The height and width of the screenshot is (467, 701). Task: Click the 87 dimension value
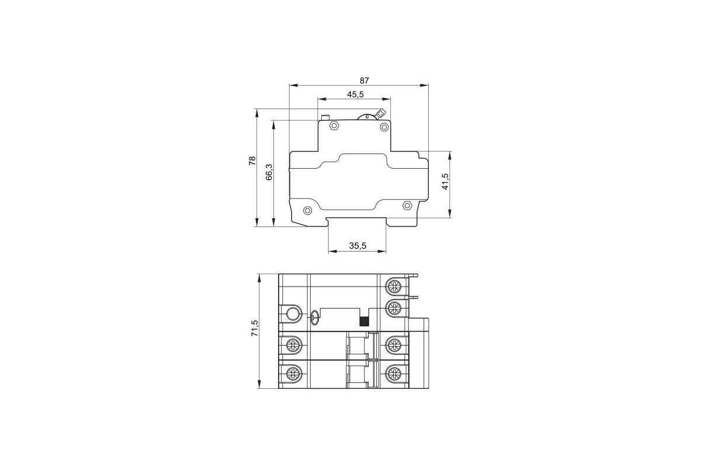coord(365,81)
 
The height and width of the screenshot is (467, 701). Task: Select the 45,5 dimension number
coord(356,95)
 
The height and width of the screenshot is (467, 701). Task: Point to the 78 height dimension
coord(252,161)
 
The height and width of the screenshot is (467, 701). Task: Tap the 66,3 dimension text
coord(269,172)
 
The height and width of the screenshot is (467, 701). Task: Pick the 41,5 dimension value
coord(445,182)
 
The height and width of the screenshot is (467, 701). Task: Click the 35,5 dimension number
coord(358,246)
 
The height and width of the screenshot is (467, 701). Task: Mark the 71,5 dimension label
coord(255,328)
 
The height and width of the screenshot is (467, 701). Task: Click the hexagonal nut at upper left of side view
coord(334,126)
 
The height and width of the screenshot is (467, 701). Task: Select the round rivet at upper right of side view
coord(384,127)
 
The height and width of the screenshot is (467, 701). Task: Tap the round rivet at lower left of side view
coord(308,211)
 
